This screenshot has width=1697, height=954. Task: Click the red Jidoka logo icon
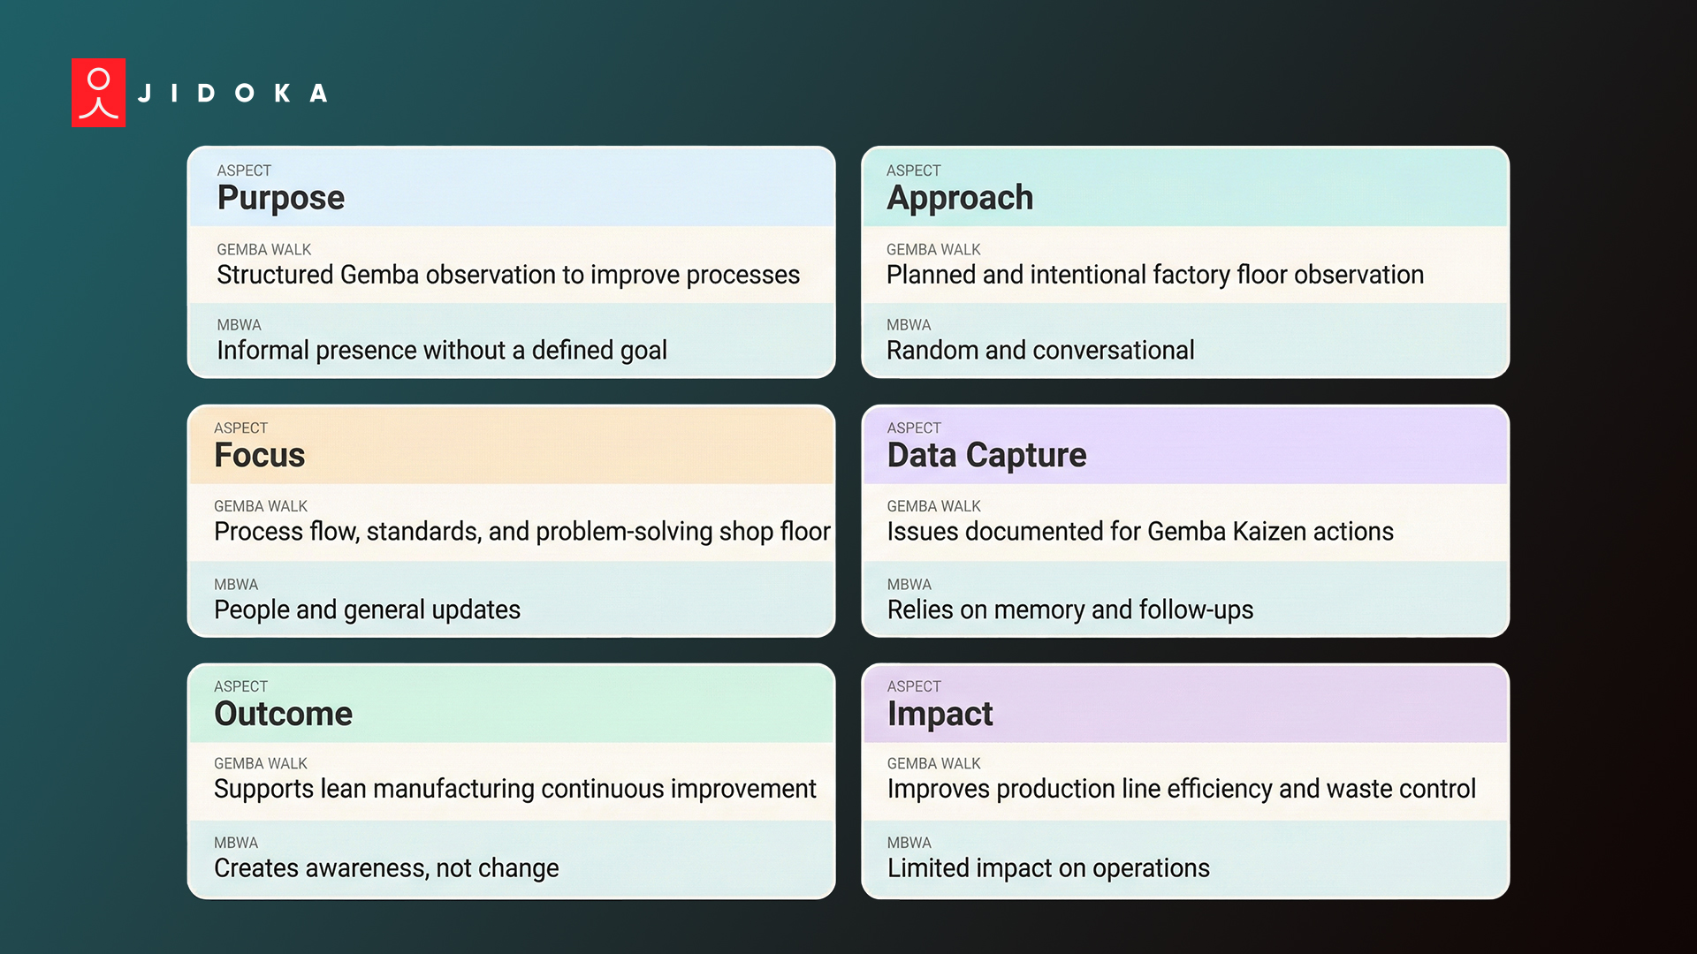(x=98, y=93)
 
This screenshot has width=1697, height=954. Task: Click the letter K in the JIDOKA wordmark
(x=282, y=93)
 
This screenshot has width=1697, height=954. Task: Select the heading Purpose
(x=280, y=198)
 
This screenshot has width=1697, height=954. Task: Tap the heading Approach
(x=959, y=198)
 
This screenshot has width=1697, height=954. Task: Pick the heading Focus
(x=259, y=456)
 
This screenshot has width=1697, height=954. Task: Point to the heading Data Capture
(x=986, y=456)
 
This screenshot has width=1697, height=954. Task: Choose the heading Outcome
(x=283, y=714)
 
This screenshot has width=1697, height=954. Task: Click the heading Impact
(x=940, y=714)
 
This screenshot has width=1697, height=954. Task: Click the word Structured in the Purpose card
(x=274, y=276)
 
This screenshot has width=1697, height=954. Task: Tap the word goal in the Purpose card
(x=643, y=352)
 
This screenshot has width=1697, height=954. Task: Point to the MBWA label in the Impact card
(x=909, y=843)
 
